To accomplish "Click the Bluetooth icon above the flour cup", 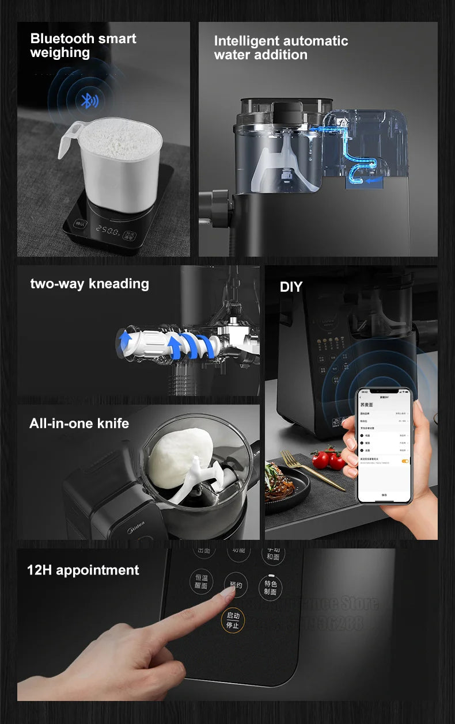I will pos(89,101).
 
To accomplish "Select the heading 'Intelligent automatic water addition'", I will pos(281,48).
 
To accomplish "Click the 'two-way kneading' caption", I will pos(89,284).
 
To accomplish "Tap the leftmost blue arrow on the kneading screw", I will pos(125,341).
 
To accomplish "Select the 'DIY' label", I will pos(291,287).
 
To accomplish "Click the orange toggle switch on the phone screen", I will pos(405,461).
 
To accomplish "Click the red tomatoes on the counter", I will pos(328,458).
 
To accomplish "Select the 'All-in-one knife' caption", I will pos(79,424).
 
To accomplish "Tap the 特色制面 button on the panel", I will pos(271,587).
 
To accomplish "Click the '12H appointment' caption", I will pos(83,570).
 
